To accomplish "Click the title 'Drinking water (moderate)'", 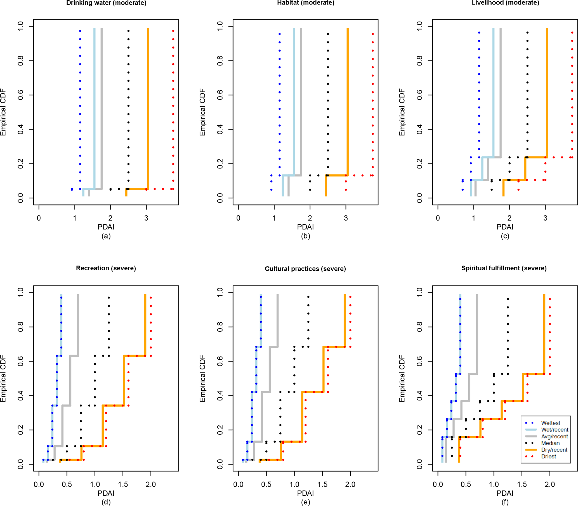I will pos(106,3).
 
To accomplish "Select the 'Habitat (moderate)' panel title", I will pos(306,3).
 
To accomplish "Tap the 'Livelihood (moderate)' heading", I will pos(505,3).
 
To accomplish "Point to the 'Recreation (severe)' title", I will pos(106,268).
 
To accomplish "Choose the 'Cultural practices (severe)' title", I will pos(305,268).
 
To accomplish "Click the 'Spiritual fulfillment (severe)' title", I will pos(504,268).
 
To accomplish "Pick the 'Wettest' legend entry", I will pos(550,423).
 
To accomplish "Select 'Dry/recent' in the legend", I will pos(554,450).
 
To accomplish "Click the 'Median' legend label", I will pos(550,443).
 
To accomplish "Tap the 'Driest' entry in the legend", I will pos(548,456).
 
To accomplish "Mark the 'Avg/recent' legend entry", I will pos(554,437).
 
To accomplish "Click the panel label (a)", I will pos(106,236).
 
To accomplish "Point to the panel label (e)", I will pos(306,502).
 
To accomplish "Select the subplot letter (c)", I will pos(505,236).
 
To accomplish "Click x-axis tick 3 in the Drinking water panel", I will pos(147,218).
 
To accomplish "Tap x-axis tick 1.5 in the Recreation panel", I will pos(123,484).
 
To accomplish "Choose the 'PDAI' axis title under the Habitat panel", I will pos(306,227).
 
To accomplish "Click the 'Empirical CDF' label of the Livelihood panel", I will pos(402,112).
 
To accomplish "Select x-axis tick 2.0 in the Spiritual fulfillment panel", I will pos(550,484).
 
